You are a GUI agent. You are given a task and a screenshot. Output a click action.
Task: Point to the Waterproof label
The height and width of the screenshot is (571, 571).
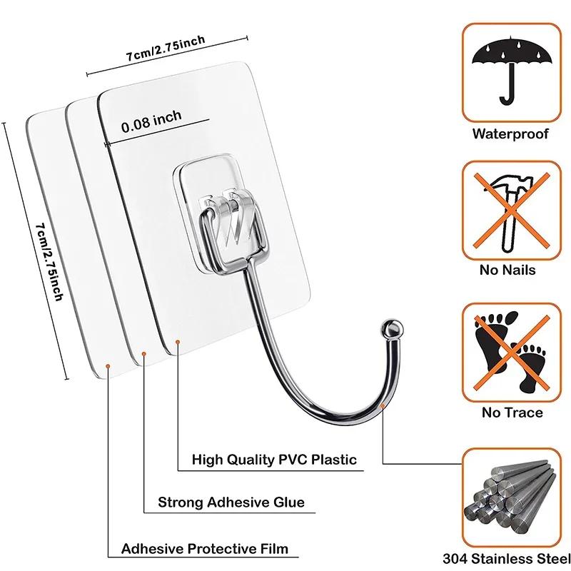510,133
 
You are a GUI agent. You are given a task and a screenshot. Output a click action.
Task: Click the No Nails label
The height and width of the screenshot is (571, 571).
508,271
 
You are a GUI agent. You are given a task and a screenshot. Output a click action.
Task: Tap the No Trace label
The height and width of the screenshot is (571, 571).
512,413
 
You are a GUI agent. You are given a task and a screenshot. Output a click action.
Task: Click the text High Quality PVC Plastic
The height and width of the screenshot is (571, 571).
274,459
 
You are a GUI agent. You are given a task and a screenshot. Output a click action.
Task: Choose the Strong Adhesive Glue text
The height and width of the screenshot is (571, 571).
231,502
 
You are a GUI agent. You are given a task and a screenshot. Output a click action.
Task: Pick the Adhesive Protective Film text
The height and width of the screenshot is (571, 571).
205,549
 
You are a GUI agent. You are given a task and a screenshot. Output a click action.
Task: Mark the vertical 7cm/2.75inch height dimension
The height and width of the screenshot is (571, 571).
50,261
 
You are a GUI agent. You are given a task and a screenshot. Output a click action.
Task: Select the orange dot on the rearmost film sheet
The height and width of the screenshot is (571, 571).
108,365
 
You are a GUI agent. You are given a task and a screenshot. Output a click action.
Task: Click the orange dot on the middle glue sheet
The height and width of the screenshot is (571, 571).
143,354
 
